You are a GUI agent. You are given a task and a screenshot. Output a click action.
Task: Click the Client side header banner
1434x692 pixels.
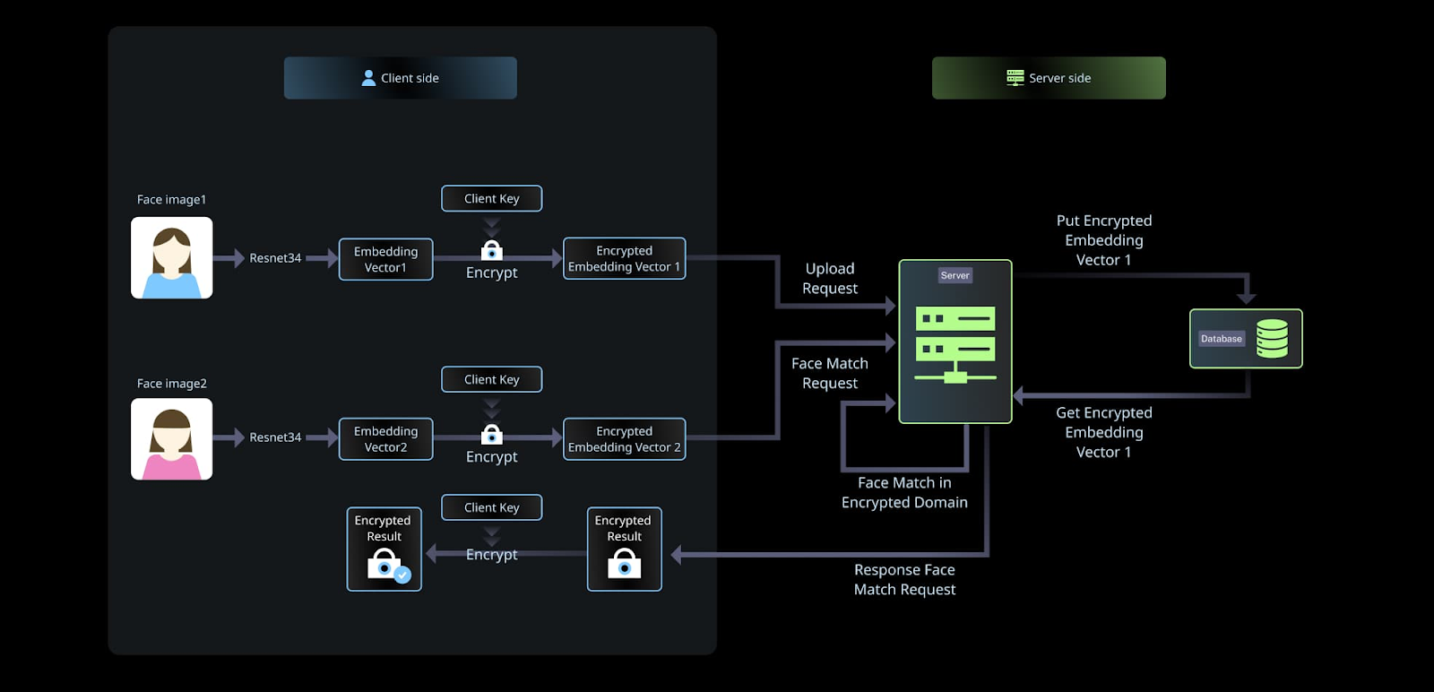400,78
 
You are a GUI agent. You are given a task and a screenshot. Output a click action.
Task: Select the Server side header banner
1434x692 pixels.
1049,78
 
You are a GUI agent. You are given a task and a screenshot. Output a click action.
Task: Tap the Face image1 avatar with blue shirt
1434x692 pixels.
172,258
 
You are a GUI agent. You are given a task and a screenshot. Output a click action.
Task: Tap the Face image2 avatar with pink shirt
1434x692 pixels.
172,439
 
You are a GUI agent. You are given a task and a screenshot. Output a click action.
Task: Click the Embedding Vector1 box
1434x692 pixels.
385,259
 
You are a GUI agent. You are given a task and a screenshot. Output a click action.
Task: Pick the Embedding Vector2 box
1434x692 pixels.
385,439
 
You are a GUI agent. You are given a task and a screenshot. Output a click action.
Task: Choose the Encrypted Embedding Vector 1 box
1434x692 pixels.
624,258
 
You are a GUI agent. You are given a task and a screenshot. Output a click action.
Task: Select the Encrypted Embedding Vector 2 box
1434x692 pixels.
624,439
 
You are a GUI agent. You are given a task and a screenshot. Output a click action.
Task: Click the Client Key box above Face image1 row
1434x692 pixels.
491,198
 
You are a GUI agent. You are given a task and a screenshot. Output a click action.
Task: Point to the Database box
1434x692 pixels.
1245,339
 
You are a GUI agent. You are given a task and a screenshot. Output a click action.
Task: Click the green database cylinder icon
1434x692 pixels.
1272,339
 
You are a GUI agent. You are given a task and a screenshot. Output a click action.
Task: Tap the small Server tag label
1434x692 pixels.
955,275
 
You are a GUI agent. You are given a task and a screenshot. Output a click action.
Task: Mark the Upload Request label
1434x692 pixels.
830,279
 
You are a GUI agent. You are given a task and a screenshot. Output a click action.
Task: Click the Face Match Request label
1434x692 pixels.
830,373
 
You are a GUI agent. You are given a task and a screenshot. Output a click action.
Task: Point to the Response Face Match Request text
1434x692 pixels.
904,579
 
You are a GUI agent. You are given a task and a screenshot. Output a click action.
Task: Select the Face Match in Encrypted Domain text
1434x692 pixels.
904,492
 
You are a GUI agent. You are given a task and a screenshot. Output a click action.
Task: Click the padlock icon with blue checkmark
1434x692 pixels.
386,566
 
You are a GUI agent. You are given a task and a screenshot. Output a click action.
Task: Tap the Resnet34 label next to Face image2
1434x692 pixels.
275,437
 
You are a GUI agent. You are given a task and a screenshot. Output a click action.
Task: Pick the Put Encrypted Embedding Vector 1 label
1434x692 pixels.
1103,240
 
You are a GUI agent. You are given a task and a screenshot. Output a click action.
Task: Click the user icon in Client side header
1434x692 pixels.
368,78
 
